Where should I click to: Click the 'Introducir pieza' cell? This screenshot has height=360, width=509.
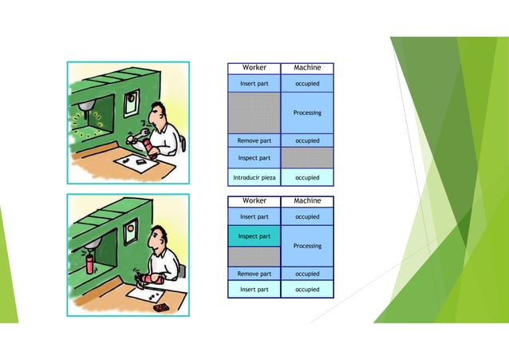click(254, 177)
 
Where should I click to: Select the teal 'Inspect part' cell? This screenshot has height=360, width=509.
click(254, 236)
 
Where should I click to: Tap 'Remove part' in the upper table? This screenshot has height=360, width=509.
click(254, 140)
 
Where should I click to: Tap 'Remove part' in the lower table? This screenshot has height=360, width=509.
click(254, 274)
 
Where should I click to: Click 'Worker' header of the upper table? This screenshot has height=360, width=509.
click(254, 68)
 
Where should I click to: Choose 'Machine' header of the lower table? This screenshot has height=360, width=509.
click(307, 200)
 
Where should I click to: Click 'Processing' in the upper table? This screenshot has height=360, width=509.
click(307, 113)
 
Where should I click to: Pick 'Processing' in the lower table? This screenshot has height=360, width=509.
click(307, 246)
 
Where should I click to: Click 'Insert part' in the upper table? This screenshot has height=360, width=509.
click(254, 83)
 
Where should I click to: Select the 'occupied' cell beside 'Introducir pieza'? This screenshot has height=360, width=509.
click(307, 177)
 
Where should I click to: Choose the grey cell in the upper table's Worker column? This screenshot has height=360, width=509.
click(254, 113)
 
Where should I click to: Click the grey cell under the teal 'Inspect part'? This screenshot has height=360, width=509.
click(254, 255)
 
